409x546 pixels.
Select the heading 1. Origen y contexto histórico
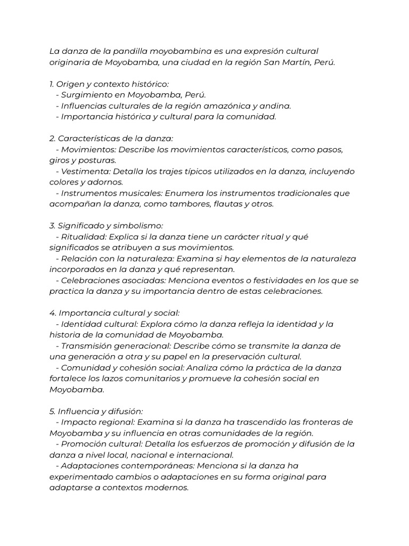point(109,84)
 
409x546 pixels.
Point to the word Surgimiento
point(86,95)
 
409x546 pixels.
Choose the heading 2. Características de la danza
point(111,138)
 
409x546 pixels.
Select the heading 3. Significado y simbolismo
point(106,226)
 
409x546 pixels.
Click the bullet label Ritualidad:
point(82,237)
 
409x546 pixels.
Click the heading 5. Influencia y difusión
point(96,411)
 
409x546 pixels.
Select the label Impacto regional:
point(97,422)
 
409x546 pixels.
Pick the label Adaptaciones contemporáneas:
point(125,465)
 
